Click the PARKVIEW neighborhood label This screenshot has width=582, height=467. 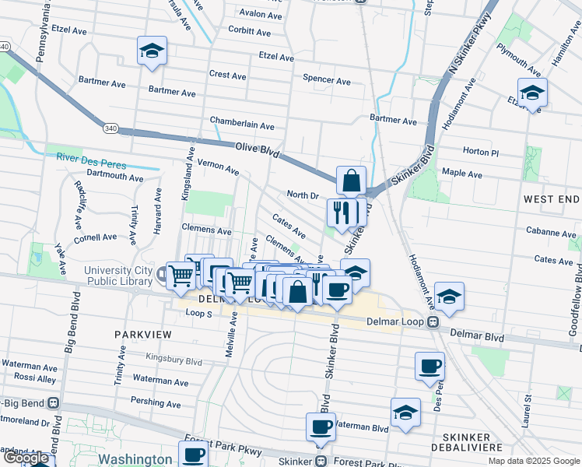point(141,333)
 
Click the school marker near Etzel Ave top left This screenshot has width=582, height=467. point(152,51)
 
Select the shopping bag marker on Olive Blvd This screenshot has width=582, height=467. point(351,181)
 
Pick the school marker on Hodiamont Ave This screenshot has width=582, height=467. point(449,297)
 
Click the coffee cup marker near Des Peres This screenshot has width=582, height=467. point(429,367)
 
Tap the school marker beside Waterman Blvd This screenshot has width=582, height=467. point(405,413)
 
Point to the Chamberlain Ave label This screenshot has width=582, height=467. point(242,125)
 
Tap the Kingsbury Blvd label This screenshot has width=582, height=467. point(174,361)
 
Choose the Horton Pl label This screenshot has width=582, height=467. point(480,152)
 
